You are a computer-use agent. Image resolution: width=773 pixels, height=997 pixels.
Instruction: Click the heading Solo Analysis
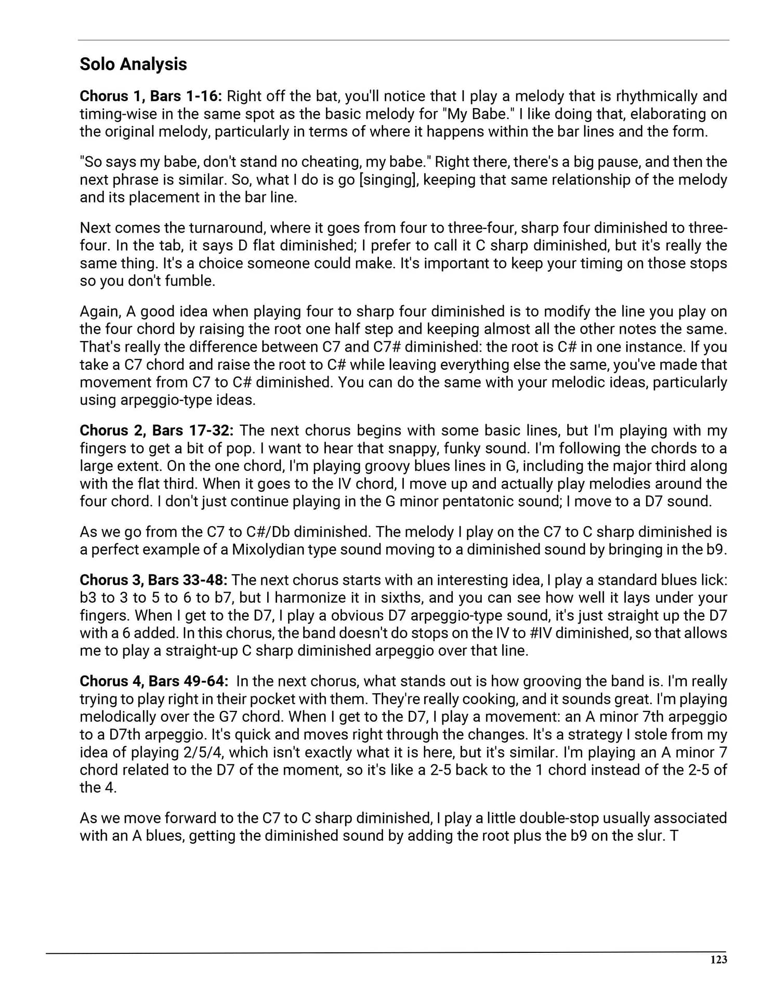(x=133, y=64)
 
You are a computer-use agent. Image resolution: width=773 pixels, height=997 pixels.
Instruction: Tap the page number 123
(x=718, y=959)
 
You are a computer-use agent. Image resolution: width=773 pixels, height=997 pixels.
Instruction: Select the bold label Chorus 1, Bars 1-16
(x=151, y=96)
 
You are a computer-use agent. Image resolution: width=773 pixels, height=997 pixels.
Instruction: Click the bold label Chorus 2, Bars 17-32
(x=156, y=430)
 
